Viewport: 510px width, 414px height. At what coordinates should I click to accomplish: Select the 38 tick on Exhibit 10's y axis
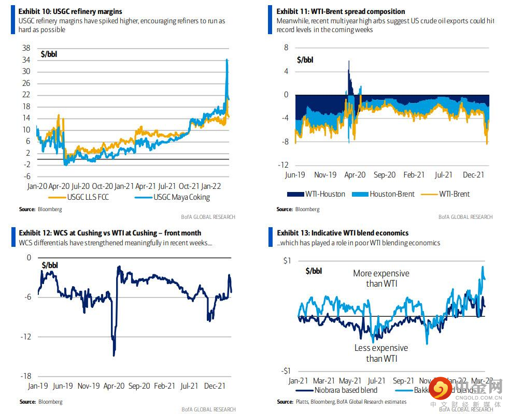point(25,48)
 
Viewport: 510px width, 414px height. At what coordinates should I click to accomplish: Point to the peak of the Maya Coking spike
point(227,60)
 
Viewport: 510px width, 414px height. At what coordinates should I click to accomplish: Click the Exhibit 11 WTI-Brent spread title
point(341,11)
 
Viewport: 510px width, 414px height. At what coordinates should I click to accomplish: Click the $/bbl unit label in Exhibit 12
point(50,265)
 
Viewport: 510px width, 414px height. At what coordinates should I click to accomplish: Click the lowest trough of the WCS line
point(114,355)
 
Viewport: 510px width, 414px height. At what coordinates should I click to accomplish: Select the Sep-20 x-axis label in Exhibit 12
point(139,386)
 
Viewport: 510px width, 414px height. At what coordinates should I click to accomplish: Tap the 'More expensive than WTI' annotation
point(381,278)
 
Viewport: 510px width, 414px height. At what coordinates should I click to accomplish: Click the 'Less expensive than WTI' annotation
point(381,353)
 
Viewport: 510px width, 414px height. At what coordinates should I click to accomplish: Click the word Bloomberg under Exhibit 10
point(50,210)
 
